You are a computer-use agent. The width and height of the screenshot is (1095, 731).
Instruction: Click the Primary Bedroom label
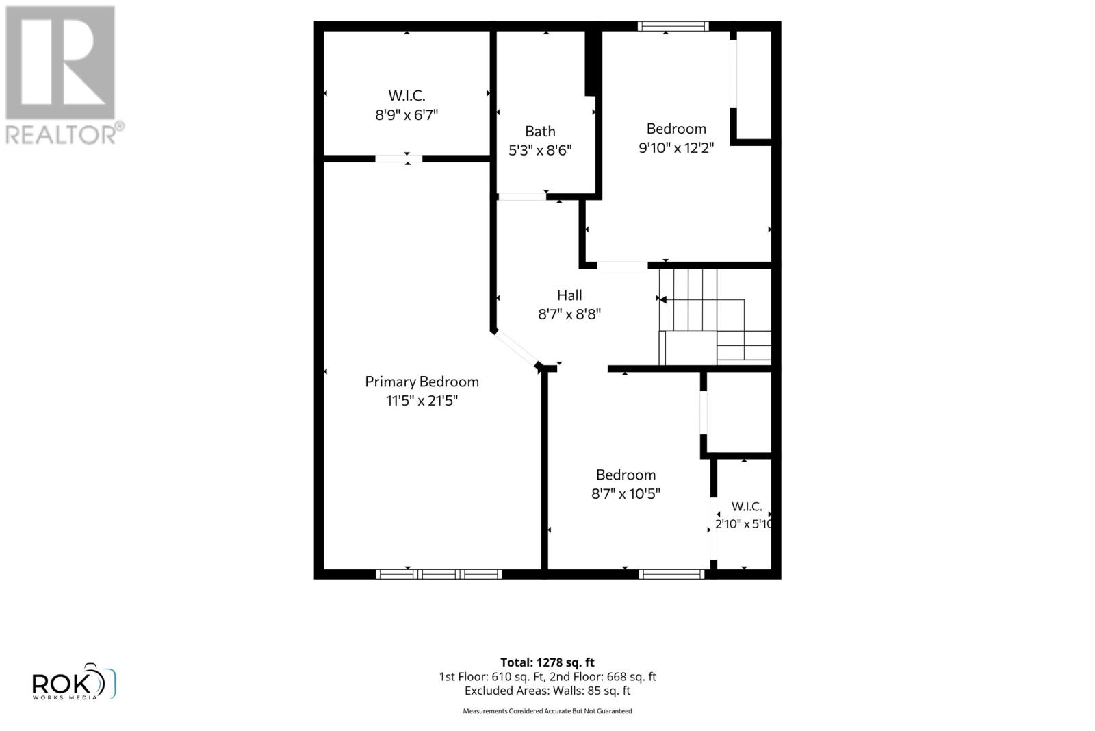(422, 382)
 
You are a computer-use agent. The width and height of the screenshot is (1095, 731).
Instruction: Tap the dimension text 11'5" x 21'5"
(422, 401)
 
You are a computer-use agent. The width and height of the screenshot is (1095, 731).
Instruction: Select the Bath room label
(540, 131)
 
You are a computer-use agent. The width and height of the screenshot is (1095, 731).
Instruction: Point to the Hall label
(569, 295)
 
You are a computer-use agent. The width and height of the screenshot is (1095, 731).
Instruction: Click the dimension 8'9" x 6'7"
(407, 115)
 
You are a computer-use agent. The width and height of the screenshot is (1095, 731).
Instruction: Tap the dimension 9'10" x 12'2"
(676, 147)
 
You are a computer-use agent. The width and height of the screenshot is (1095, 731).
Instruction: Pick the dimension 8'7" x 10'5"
(626, 494)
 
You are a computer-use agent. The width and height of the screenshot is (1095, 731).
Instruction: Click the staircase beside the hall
(714, 317)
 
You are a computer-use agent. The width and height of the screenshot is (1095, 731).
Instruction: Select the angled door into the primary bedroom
(516, 349)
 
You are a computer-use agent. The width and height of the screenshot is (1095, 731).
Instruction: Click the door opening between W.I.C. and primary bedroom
(398, 158)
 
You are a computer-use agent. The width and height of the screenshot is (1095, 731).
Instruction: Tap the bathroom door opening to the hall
(521, 197)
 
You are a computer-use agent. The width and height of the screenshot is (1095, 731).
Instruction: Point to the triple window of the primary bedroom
(439, 574)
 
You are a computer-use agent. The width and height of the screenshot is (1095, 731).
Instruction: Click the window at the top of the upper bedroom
(673, 27)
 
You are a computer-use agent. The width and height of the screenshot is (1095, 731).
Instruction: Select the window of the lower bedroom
(671, 574)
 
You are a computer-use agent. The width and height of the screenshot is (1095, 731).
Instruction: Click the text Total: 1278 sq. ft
(547, 662)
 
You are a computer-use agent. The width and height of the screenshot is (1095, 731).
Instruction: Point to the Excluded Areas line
(547, 691)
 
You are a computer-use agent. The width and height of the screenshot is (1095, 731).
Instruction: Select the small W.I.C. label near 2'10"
(747, 506)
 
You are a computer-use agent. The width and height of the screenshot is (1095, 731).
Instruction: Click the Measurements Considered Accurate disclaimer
(547, 711)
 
